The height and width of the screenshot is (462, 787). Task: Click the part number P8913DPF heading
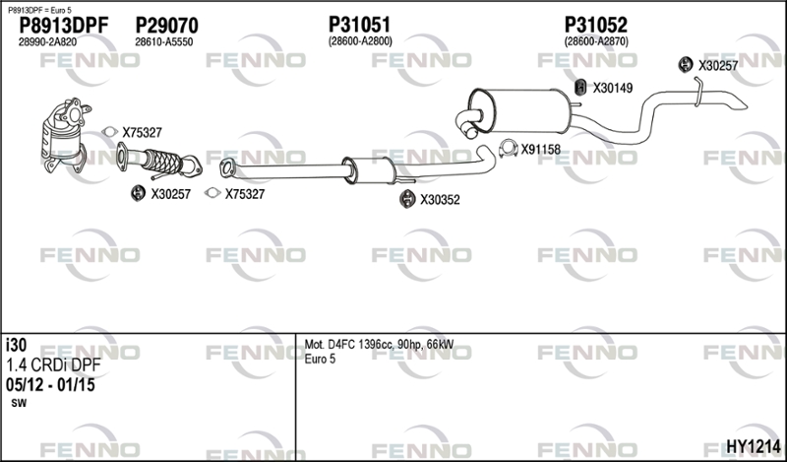63,25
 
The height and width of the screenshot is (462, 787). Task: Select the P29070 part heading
166,25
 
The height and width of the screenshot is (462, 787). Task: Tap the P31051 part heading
360,25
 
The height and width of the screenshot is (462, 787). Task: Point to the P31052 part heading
596,25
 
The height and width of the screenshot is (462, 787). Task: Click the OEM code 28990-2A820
47,41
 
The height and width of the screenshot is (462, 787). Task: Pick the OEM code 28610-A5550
163,41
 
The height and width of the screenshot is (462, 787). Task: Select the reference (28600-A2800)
360,41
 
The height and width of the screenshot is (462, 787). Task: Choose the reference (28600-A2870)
596,41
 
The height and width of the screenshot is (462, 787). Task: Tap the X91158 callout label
540,150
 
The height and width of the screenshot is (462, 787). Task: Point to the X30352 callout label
440,199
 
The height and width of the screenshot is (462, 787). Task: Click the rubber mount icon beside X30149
580,87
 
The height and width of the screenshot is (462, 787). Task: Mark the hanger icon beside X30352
406,199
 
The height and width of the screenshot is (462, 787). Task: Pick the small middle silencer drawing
364,168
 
